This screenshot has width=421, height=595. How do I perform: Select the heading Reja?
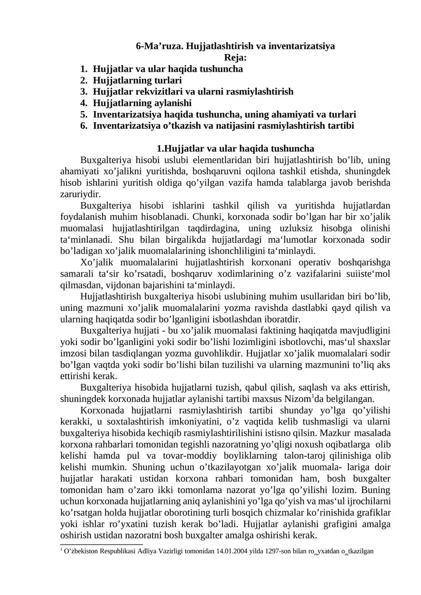pyautogui.click(x=236, y=57)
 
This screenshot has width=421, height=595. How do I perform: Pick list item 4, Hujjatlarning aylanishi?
pyautogui.click(x=142, y=103)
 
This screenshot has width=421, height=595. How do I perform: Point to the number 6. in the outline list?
pyautogui.click(x=84, y=125)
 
